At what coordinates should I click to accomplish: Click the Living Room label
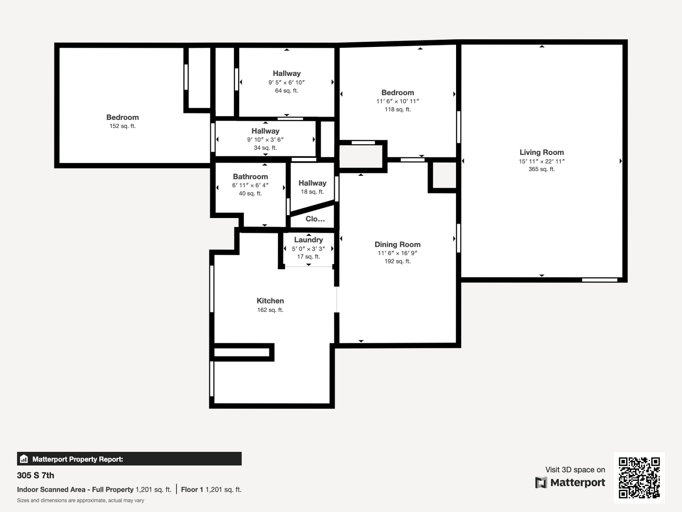click(541, 152)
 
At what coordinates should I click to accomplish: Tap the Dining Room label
click(397, 245)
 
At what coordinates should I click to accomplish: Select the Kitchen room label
click(270, 301)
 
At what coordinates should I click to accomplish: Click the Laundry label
click(308, 240)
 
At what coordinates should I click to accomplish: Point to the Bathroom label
click(250, 176)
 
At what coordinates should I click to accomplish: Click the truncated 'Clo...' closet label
click(315, 219)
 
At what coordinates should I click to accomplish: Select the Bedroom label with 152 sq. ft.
click(122, 117)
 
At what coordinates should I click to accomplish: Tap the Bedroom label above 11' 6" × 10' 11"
click(397, 92)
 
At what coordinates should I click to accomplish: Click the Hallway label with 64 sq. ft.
click(287, 73)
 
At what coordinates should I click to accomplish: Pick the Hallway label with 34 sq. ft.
click(265, 131)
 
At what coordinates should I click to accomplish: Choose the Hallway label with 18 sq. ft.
click(312, 183)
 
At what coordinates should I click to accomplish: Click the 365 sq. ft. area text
click(541, 169)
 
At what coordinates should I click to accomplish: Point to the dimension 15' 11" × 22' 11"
click(541, 161)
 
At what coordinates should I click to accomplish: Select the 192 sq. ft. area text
click(397, 261)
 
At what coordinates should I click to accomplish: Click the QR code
click(639, 477)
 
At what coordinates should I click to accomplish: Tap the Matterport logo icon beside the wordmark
click(541, 483)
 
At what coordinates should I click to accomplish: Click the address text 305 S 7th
click(36, 475)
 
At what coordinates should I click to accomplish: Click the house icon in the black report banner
click(24, 459)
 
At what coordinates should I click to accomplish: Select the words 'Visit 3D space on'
click(575, 469)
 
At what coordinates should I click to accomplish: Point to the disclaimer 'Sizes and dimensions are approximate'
click(81, 500)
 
